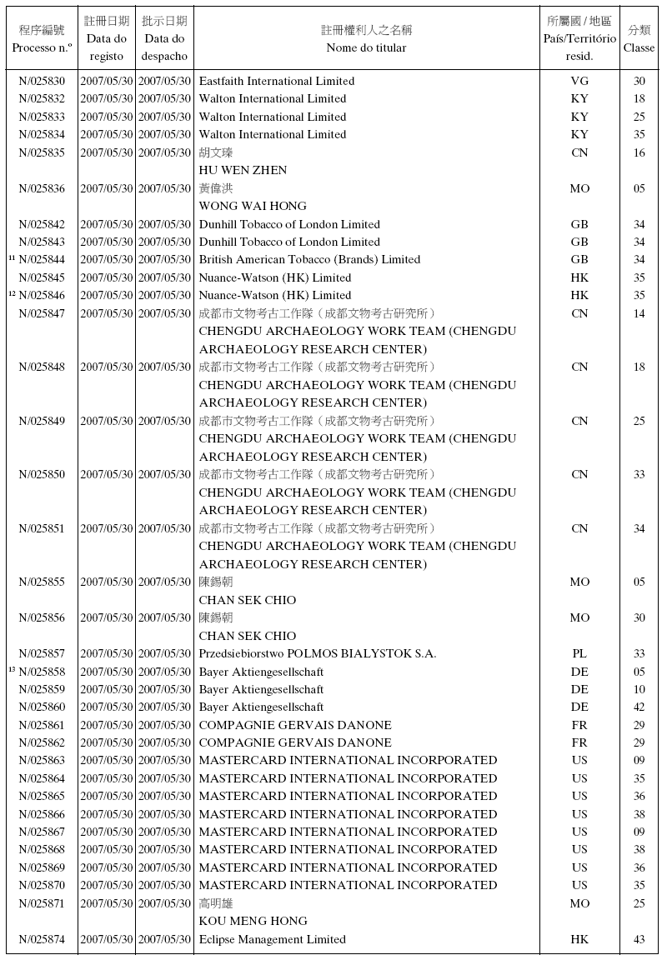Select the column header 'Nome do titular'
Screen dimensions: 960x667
click(x=367, y=47)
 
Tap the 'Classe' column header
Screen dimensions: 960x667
click(x=639, y=47)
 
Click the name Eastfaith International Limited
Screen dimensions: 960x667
click(x=277, y=81)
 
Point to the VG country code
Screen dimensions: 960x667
click(x=579, y=81)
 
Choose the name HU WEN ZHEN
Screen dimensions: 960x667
click(x=243, y=170)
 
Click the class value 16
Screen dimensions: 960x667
click(x=639, y=152)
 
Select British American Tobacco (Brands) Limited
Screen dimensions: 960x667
click(x=309, y=259)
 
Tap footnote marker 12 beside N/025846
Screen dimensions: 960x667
click(x=12, y=293)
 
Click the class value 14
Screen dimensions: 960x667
click(x=639, y=313)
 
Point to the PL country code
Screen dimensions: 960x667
click(x=579, y=653)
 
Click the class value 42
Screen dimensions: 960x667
click(x=639, y=707)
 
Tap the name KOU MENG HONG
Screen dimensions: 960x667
click(x=253, y=921)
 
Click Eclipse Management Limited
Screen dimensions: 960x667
click(x=272, y=939)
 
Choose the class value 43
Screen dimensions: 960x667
click(x=639, y=939)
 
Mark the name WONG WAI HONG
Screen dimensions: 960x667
click(x=253, y=206)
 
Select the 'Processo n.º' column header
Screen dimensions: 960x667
click(x=42, y=47)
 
